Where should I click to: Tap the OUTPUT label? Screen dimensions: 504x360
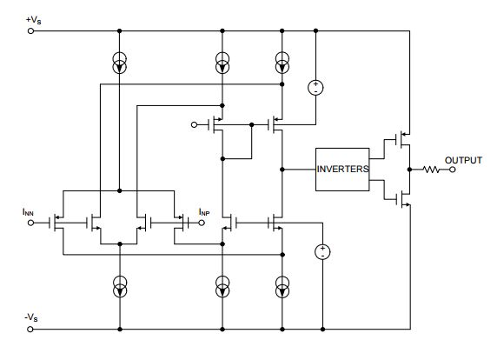click(463, 160)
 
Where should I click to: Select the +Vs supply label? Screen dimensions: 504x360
click(33, 20)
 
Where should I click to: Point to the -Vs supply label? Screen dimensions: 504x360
click(31, 317)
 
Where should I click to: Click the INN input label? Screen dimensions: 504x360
click(28, 212)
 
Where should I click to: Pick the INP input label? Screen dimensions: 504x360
click(204, 212)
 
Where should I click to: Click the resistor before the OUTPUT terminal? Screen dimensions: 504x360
click(431, 170)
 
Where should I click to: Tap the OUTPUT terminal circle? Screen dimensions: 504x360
click(452, 170)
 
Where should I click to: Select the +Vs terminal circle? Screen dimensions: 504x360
click(31, 31)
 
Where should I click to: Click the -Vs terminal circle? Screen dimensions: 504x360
click(30, 329)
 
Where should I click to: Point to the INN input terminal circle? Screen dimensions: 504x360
click(31, 223)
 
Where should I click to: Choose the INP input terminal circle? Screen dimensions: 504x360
click(202, 223)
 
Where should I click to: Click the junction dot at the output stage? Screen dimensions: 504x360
click(409, 170)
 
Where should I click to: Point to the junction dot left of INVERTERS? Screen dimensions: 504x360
click(282, 170)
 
